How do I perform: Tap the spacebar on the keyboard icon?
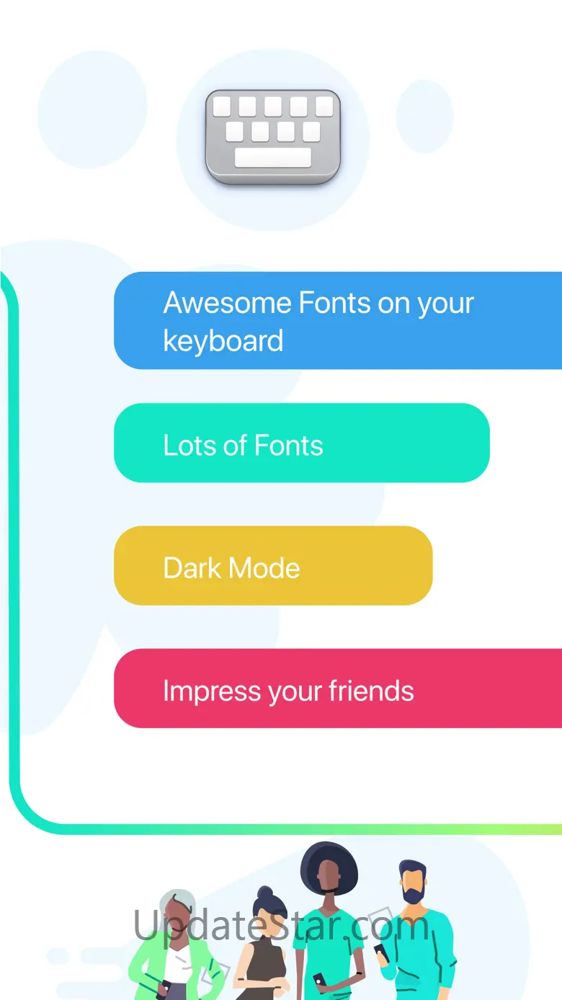(272, 158)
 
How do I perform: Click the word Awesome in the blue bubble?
(228, 303)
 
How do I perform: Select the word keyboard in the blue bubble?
(223, 341)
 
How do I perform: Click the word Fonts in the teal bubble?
(289, 446)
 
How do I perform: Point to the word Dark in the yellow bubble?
(192, 568)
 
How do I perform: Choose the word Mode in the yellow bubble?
(264, 568)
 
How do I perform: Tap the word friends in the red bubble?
(371, 691)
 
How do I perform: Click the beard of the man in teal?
(413, 894)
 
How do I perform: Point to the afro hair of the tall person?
(329, 864)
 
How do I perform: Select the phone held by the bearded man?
(381, 951)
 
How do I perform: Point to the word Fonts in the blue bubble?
(334, 303)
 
